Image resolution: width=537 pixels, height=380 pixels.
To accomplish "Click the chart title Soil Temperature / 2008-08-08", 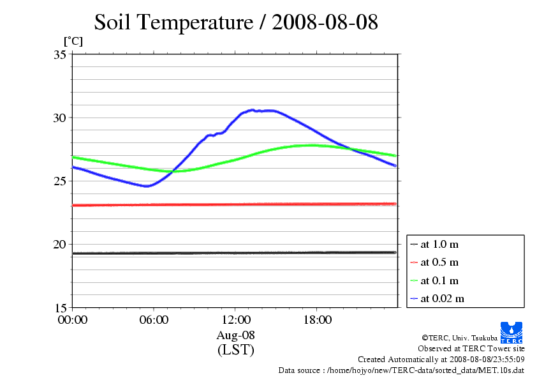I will [236, 23].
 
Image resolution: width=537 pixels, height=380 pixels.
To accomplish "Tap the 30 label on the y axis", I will [60, 118].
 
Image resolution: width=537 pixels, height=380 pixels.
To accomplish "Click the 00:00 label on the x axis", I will [73, 320].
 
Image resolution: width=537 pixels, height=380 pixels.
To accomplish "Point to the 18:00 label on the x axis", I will [317, 320].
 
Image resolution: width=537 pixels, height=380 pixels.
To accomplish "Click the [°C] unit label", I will [73, 42].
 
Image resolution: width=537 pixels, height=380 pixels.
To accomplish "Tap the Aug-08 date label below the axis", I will [235, 335].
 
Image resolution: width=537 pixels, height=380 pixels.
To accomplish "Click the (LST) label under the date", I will [235, 350].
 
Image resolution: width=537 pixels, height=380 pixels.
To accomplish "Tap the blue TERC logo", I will [512, 331].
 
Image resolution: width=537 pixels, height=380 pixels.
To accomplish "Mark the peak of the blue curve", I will [253, 110].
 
